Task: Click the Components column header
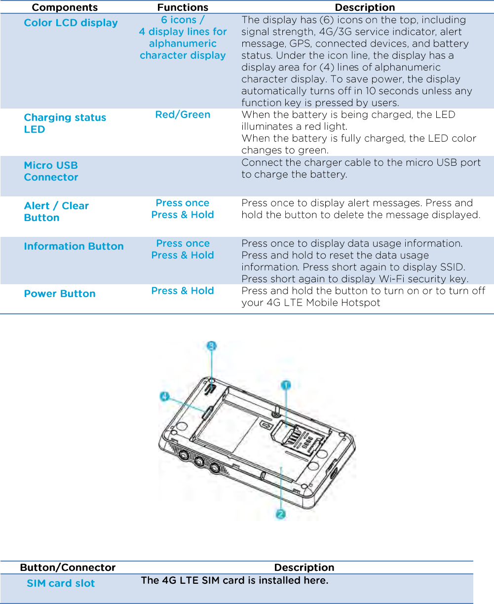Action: coord(65,7)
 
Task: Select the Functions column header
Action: coord(183,7)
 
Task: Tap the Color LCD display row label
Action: coord(71,23)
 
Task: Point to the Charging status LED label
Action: coord(65,123)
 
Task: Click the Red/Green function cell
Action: coord(183,114)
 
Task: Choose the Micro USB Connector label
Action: coord(51,171)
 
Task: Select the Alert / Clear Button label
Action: coord(56,212)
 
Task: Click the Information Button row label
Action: coord(74,246)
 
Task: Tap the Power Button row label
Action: coord(60,294)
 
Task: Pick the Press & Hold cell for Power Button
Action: coord(183,291)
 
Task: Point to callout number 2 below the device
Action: coord(280,514)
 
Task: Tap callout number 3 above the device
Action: coord(211,346)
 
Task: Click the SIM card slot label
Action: coord(61,583)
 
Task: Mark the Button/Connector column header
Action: coord(68,567)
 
